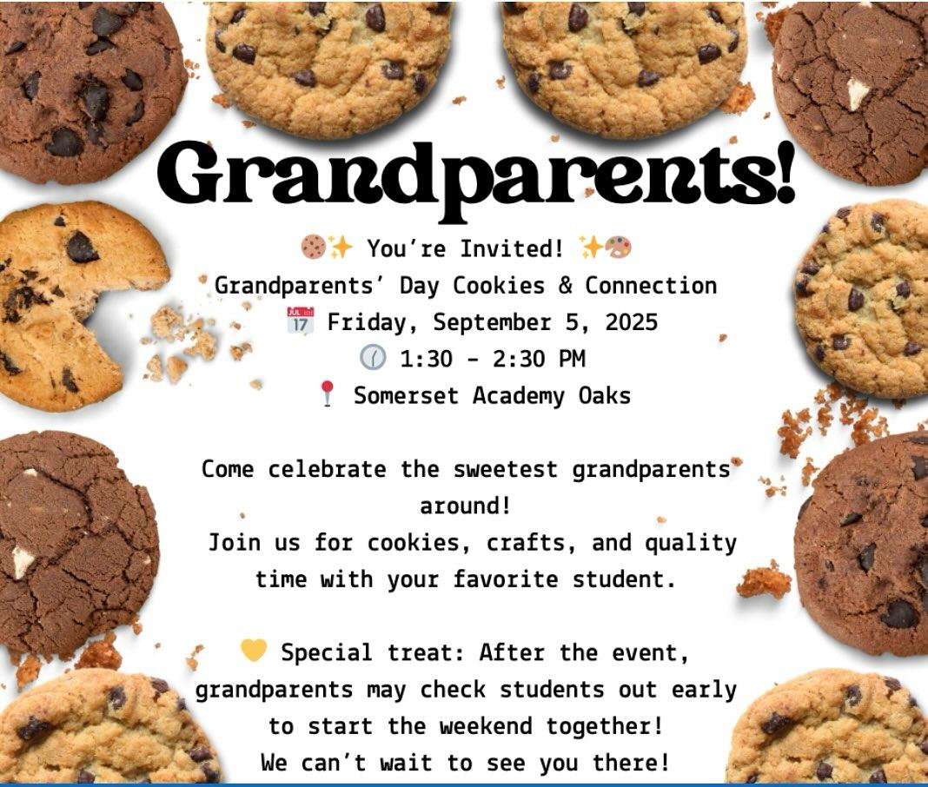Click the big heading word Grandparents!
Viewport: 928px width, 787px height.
tap(476, 177)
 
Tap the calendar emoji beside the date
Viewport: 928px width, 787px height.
tap(300, 322)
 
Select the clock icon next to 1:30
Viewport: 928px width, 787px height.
tap(373, 358)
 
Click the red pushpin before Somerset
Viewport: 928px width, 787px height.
tap(327, 394)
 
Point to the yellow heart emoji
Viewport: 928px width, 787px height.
tap(254, 651)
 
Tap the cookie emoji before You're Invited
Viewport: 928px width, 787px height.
tap(313, 248)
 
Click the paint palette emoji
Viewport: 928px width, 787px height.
tap(620, 248)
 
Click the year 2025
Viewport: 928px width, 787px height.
tap(631, 322)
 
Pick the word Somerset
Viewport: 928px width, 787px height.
tap(406, 395)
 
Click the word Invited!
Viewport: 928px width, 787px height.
tap(511, 248)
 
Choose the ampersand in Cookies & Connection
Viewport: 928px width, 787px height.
tap(565, 286)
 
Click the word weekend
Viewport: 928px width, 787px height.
tap(486, 726)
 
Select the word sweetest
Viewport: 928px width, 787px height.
tap(506, 470)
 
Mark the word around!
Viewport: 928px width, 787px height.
tap(465, 506)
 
